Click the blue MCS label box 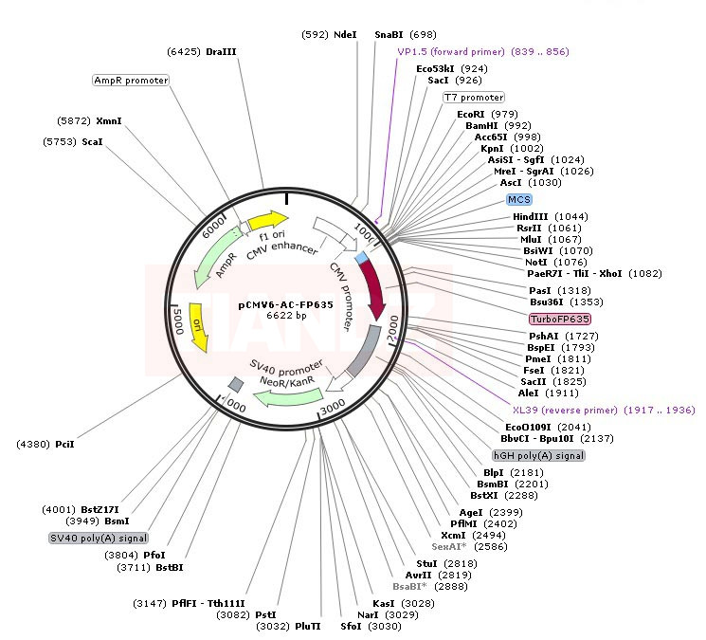coord(519,199)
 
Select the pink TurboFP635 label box coord(559,319)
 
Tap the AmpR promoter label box coord(131,81)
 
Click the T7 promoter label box coord(474,98)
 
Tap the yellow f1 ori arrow coord(267,222)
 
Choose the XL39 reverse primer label coord(603,410)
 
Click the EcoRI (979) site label coord(486,114)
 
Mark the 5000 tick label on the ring coord(177,314)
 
